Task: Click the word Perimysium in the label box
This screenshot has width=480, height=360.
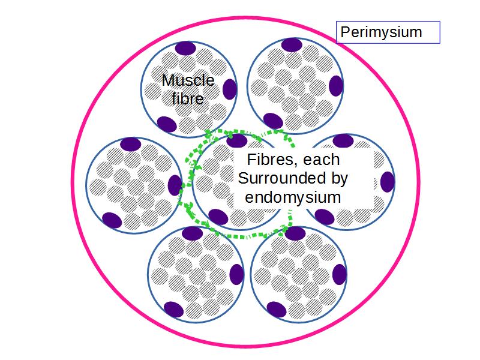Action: tap(381, 32)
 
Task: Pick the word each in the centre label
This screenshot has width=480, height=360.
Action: tap(324, 161)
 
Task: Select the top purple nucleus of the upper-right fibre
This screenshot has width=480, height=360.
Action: tap(292, 44)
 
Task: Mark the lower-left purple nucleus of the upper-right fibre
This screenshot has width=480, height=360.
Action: tap(274, 121)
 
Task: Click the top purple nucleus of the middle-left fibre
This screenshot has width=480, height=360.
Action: tap(131, 144)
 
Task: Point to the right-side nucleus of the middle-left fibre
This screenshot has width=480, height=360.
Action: tap(175, 185)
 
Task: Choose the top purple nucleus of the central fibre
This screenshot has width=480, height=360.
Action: tap(236, 140)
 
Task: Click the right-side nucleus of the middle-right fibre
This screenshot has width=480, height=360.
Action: tap(387, 181)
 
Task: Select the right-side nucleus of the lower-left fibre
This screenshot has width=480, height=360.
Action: tap(237, 274)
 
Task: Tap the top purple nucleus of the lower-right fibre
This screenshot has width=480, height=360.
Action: tap(295, 233)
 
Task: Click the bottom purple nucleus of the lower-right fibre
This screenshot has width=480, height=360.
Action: tap(276, 309)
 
